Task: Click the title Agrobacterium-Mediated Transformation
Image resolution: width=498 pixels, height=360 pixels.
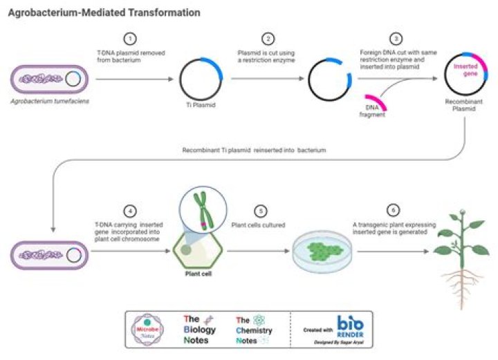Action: (x=104, y=13)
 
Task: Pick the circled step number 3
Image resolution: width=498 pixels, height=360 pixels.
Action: (x=396, y=39)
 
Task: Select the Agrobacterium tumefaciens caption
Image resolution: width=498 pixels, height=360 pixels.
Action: (x=50, y=101)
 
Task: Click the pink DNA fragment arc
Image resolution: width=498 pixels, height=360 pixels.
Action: (x=376, y=102)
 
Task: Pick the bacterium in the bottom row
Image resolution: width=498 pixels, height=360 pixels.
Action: (x=50, y=255)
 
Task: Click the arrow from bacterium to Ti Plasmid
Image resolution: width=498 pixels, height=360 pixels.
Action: (x=135, y=79)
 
